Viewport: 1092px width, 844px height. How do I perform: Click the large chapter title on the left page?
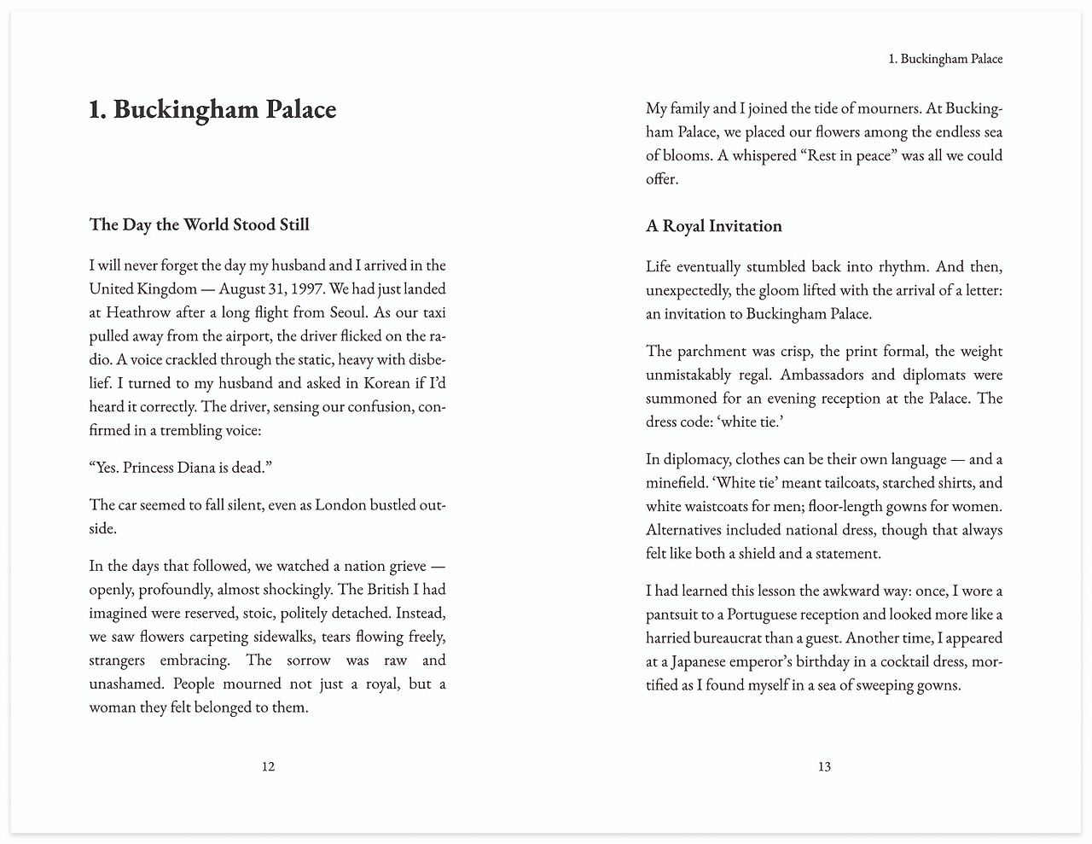tap(212, 109)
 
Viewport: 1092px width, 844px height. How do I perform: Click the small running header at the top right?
tap(945, 59)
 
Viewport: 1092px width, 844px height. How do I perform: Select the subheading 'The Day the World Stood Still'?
tap(199, 224)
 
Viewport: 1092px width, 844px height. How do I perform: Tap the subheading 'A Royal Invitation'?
tap(713, 226)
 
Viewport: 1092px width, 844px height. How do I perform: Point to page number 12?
tap(268, 766)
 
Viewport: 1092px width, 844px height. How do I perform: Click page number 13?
tap(824, 766)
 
